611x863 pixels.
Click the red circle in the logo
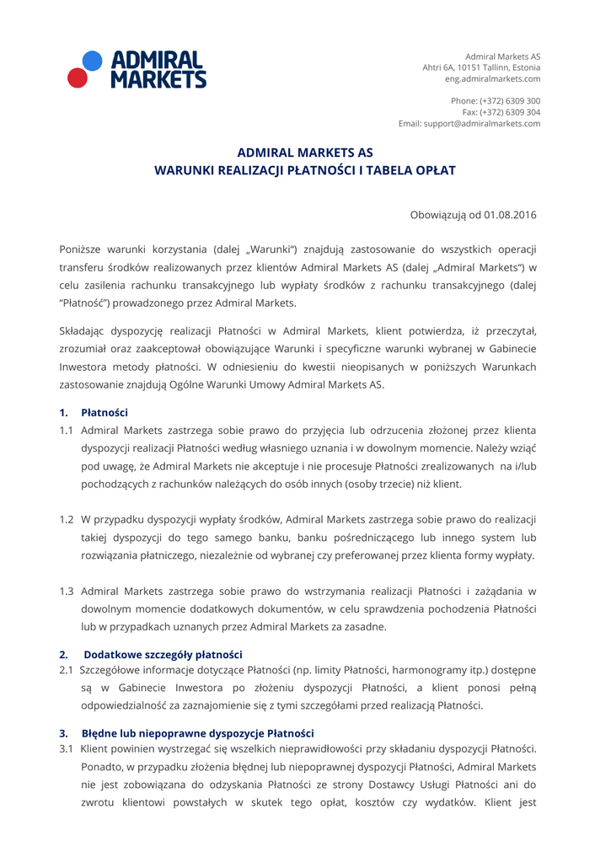click(78, 78)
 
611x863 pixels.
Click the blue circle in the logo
click(92, 61)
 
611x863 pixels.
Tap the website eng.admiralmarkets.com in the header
click(493, 79)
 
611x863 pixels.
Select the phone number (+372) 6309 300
click(508, 101)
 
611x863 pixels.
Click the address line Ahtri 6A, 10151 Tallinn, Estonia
click(481, 67)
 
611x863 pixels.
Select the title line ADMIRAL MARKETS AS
click(305, 153)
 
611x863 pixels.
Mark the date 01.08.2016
click(510, 215)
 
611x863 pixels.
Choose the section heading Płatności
click(105, 413)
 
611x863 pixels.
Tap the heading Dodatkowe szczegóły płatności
click(163, 654)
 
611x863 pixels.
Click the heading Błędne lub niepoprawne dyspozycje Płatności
click(197, 733)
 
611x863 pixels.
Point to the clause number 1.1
click(67, 429)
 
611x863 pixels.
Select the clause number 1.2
click(67, 519)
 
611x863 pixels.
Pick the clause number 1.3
click(67, 591)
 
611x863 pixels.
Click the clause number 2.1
click(67, 670)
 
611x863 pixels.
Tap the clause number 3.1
click(67, 749)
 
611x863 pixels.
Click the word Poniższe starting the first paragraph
click(84, 250)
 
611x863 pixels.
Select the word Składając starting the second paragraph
click(88, 330)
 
